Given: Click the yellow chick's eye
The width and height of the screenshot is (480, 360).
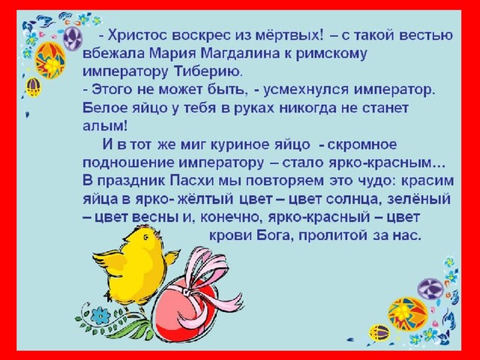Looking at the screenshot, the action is click(145, 236).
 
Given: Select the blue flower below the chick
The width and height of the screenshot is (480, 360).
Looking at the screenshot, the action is click(100, 316).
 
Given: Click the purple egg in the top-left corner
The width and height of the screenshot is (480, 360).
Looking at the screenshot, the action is click(73, 38).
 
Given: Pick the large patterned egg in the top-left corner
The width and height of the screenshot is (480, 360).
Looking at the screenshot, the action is click(51, 61).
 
